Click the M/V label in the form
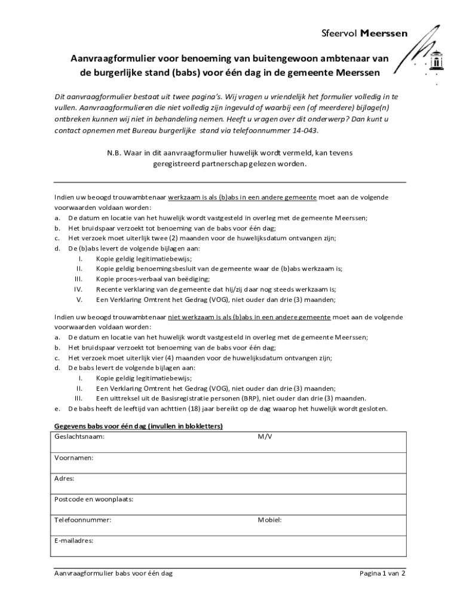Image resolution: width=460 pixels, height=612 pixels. pos(265,437)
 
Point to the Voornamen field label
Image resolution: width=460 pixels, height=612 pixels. pos(73,458)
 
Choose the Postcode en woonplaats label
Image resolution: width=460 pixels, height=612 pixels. pos(93,499)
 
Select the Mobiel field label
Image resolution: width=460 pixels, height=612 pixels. pos(269,520)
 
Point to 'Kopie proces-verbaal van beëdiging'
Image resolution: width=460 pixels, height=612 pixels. pos(153,279)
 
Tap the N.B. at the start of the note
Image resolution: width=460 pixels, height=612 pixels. pos(115,153)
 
